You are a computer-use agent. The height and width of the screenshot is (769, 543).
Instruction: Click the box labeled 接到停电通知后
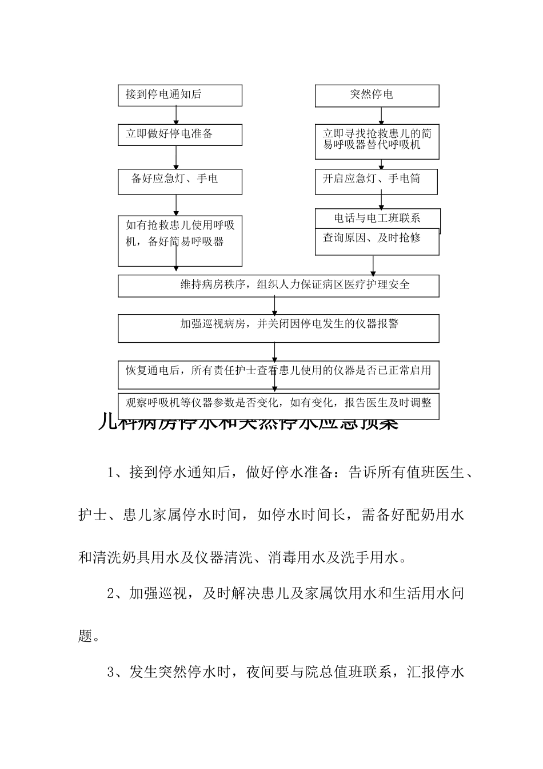[179, 96]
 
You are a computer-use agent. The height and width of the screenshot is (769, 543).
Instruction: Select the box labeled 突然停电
[377, 96]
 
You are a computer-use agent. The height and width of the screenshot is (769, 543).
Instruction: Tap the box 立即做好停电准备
[179, 135]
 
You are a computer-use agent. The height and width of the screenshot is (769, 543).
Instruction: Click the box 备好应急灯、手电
[179, 181]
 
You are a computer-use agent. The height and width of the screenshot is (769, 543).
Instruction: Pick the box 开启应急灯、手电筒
[376, 181]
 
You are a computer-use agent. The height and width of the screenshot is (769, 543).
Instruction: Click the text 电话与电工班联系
[377, 218]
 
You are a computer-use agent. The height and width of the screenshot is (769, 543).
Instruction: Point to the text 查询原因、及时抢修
[372, 238]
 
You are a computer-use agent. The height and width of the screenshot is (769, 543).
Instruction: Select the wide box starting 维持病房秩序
[278, 286]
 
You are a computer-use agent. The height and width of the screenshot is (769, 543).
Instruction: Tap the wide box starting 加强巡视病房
[278, 328]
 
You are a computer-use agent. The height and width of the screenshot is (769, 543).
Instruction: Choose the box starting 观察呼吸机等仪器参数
[278, 402]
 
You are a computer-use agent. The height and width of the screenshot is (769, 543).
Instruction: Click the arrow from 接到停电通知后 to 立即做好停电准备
[176, 115]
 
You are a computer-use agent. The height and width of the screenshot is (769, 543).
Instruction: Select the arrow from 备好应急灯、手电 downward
[176, 205]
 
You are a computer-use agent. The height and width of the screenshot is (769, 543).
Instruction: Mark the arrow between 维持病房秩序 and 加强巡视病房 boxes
[275, 306]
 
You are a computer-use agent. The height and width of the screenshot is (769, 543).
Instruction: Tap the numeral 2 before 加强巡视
[112, 594]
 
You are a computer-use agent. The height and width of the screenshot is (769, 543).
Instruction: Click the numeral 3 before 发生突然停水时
[112, 672]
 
